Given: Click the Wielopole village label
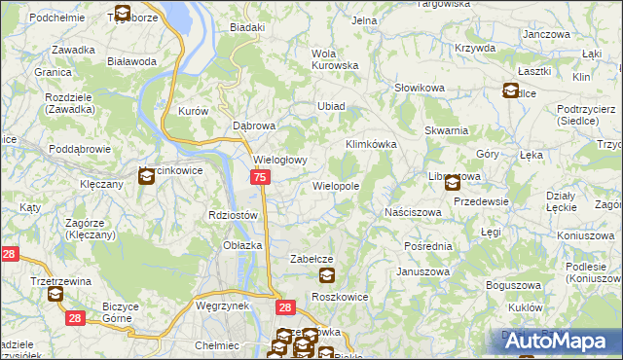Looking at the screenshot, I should pos(336,185).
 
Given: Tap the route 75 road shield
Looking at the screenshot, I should pos(260,177).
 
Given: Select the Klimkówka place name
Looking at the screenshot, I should pos(372,144).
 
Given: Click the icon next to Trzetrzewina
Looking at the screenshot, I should pos(55,294).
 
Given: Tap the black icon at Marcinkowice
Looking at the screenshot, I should pos(146,176).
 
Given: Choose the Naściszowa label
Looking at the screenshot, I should pos(414,211).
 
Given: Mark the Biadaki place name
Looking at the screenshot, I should pos(247,27).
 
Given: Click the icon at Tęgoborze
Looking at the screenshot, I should pos(122,14).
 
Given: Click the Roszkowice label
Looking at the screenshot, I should pos(337,295).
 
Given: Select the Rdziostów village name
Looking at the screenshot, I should pos(233,215).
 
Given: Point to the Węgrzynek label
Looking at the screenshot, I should pos(223,304).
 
